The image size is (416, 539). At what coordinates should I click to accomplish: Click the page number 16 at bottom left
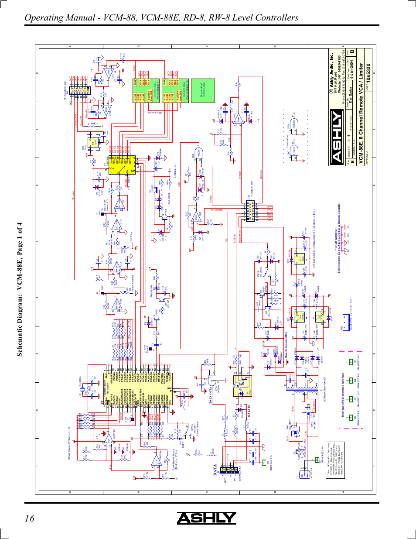point(29,518)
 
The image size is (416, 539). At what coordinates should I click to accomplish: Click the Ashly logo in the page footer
point(206,518)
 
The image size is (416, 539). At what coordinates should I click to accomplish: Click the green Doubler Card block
point(203,91)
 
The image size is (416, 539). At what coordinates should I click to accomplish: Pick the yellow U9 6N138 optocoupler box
point(242,386)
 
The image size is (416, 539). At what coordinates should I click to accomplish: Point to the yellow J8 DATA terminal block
point(228,470)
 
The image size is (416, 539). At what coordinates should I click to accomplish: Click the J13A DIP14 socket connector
point(250,212)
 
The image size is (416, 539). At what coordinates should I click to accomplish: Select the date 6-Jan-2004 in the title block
point(351,75)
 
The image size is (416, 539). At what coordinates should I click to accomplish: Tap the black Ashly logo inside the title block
point(337,137)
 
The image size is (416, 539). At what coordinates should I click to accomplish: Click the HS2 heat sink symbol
point(346,320)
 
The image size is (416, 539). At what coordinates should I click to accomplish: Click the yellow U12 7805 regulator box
point(299,259)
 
